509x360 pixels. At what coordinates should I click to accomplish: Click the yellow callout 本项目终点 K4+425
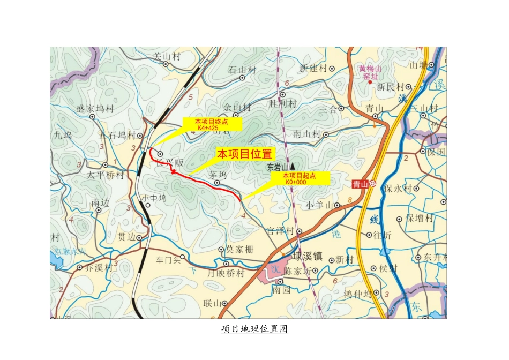[211, 124]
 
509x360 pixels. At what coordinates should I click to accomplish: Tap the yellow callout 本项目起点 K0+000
[299, 178]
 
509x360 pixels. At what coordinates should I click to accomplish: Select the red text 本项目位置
[244, 154]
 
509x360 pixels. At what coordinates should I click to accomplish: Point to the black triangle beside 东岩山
[293, 166]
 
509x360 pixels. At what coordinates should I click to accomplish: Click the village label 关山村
[166, 56]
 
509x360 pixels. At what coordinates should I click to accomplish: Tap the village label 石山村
[242, 70]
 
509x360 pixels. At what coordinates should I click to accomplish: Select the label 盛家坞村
[95, 109]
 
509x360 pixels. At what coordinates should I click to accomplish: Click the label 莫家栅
[239, 249]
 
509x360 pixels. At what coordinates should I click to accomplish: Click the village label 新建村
[313, 69]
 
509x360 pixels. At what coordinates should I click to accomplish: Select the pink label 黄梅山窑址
[370, 72]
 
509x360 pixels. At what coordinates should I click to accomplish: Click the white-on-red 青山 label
[361, 184]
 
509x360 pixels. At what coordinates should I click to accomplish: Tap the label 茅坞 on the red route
[218, 175]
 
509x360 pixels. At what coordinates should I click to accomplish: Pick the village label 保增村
[420, 218]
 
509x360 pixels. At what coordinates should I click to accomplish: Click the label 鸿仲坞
[357, 294]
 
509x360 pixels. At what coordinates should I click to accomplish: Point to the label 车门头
[168, 260]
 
